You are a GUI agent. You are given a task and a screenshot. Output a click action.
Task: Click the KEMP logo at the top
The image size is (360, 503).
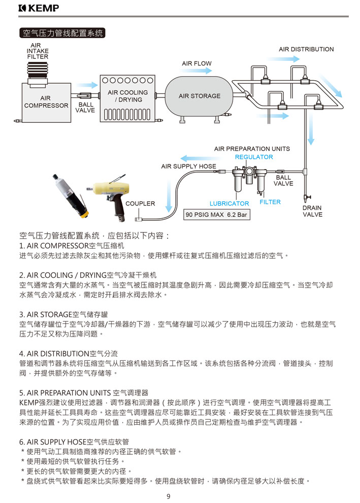click(39, 8)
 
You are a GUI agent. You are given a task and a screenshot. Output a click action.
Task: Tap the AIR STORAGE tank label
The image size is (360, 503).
click(200, 96)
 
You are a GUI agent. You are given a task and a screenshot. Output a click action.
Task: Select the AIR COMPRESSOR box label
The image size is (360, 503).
click(46, 102)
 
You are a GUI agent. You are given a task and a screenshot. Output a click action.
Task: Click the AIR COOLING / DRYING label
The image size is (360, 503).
click(127, 96)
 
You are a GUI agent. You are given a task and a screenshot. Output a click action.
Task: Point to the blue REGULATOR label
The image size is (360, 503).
click(254, 157)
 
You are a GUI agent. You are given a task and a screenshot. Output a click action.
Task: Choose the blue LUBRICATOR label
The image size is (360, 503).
click(229, 204)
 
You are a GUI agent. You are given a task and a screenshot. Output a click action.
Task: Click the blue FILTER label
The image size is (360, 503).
click(270, 202)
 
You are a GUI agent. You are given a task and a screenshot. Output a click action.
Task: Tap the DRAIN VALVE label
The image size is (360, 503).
click(312, 211)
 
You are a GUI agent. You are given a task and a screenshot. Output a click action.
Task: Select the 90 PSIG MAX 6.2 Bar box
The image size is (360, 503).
click(217, 215)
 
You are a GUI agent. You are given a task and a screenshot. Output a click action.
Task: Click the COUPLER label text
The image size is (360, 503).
click(140, 204)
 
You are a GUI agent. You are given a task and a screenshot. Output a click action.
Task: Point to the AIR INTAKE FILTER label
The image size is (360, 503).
click(38, 51)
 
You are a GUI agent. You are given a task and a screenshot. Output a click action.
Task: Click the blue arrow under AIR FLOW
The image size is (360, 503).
click(197, 71)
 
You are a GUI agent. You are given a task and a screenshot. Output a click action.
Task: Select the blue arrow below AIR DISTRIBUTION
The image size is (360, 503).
click(284, 59)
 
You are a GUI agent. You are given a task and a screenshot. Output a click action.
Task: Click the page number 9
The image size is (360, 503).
click(169, 496)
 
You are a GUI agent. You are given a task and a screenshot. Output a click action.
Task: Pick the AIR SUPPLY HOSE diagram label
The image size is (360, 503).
click(188, 166)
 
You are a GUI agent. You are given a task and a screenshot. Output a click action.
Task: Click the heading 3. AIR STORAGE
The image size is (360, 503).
click(63, 314)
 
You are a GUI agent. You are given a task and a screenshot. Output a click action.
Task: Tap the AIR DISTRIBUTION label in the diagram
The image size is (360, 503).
click(306, 49)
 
